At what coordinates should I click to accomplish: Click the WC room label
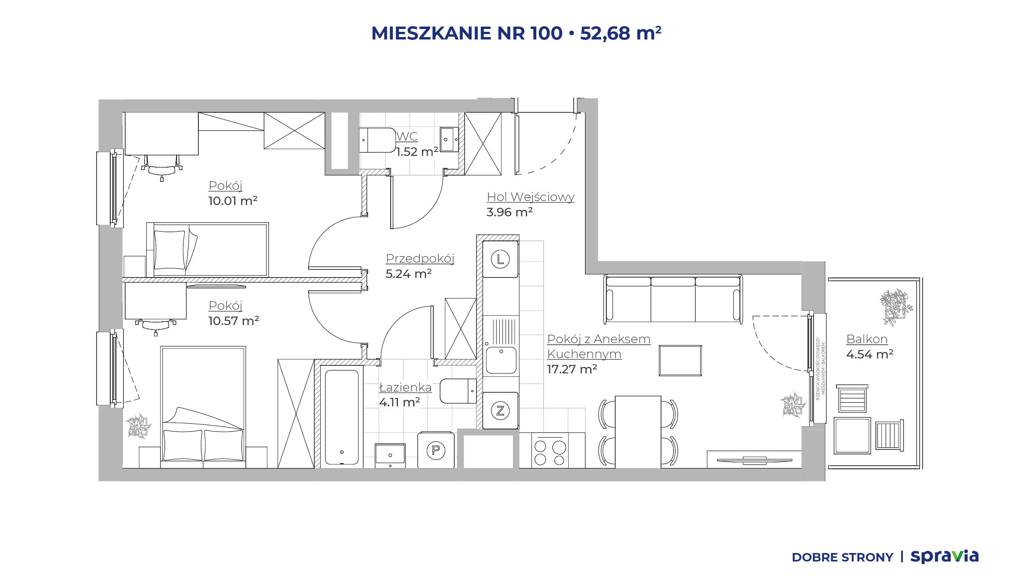click(407, 137)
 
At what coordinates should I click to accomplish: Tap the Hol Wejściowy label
click(530, 197)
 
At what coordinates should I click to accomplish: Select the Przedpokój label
click(420, 259)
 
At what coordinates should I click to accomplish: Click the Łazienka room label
click(406, 387)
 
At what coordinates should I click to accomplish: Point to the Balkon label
click(867, 339)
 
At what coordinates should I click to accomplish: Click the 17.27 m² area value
click(572, 369)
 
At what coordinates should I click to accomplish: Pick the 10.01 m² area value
click(233, 201)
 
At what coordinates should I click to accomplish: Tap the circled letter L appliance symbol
click(500, 259)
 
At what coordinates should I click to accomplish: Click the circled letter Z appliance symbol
click(500, 410)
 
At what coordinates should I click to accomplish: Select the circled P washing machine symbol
click(436, 450)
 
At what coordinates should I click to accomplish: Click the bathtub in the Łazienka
click(342, 417)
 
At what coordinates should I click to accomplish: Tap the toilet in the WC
click(377, 140)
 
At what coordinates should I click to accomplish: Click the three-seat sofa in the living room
click(673, 299)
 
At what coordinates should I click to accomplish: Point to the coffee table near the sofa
click(680, 360)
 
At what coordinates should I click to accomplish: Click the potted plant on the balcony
click(896, 307)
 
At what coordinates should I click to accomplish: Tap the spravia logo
click(944, 556)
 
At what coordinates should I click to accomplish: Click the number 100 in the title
click(546, 33)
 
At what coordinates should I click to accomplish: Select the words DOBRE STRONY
click(843, 557)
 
